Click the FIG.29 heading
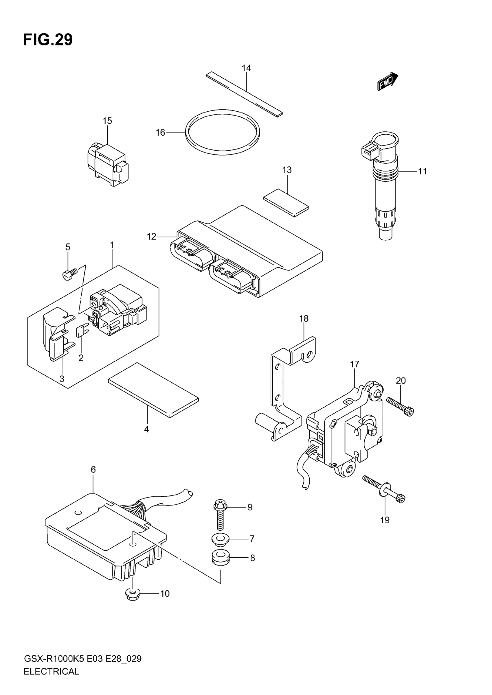point(48,40)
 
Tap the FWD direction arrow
point(388,81)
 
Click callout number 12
point(151,236)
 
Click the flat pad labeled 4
point(153,390)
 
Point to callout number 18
point(304,318)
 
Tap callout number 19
point(385,520)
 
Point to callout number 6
point(93,469)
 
